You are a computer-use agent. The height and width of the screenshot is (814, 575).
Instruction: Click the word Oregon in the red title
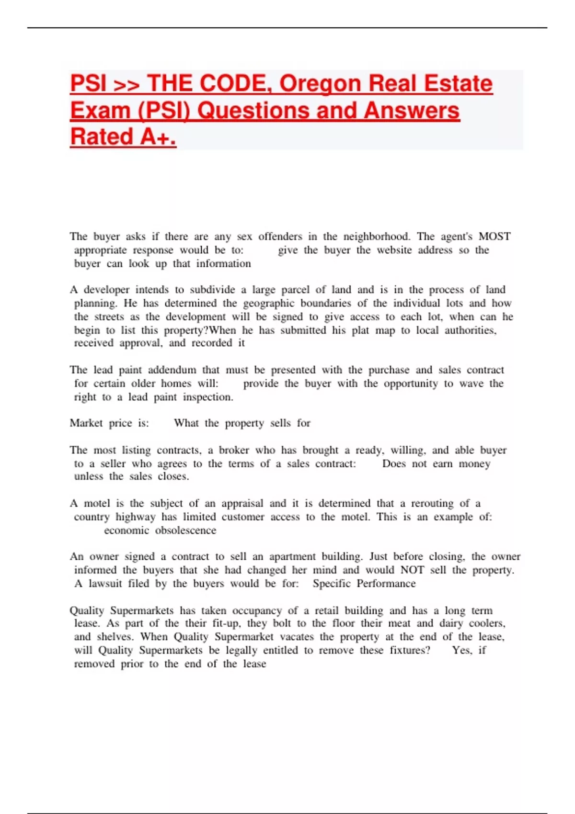(320, 84)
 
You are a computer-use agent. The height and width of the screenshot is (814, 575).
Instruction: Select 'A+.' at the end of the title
(158, 137)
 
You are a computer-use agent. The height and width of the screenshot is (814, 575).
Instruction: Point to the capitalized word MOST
(494, 237)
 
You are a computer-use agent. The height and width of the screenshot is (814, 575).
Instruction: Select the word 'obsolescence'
(185, 531)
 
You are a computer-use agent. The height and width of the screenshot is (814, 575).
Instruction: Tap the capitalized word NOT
(412, 570)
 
